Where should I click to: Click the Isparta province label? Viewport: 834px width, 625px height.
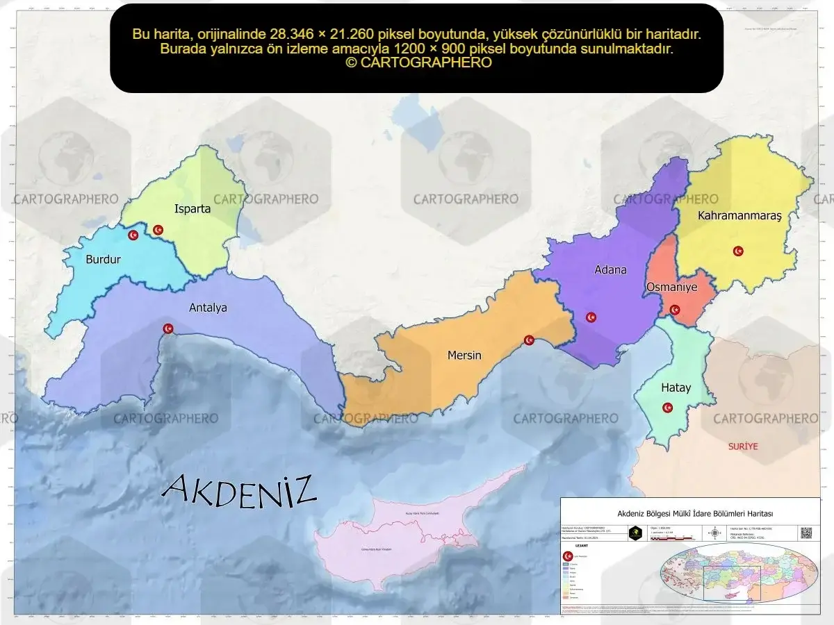pyautogui.click(x=193, y=208)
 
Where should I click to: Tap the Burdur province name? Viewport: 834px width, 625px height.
pyautogui.click(x=103, y=260)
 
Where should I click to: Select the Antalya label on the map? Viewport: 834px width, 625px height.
pyautogui.click(x=208, y=308)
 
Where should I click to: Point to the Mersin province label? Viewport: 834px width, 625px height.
pyautogui.click(x=464, y=355)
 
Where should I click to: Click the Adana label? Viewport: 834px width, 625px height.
pyautogui.click(x=610, y=269)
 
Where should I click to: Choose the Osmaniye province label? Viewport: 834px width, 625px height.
pyautogui.click(x=671, y=287)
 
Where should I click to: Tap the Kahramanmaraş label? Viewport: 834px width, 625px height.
pyautogui.click(x=739, y=216)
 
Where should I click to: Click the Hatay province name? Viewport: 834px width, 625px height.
pyautogui.click(x=676, y=387)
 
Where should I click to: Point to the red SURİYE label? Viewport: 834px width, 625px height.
pyautogui.click(x=743, y=446)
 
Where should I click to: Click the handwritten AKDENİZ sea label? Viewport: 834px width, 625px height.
pyautogui.click(x=239, y=489)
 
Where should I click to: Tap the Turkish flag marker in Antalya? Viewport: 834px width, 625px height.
pyautogui.click(x=167, y=328)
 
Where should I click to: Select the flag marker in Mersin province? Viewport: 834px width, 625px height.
pyautogui.click(x=529, y=340)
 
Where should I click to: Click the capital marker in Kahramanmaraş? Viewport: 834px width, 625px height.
pyautogui.click(x=738, y=251)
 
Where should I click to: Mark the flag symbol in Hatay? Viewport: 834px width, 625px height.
pyautogui.click(x=667, y=408)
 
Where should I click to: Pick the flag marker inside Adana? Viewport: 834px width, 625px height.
pyautogui.click(x=591, y=317)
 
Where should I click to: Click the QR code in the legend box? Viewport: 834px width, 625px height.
pyautogui.click(x=806, y=533)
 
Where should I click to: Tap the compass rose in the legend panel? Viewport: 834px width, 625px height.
pyautogui.click(x=714, y=533)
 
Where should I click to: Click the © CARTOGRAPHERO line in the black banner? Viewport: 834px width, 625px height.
pyautogui.click(x=418, y=62)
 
